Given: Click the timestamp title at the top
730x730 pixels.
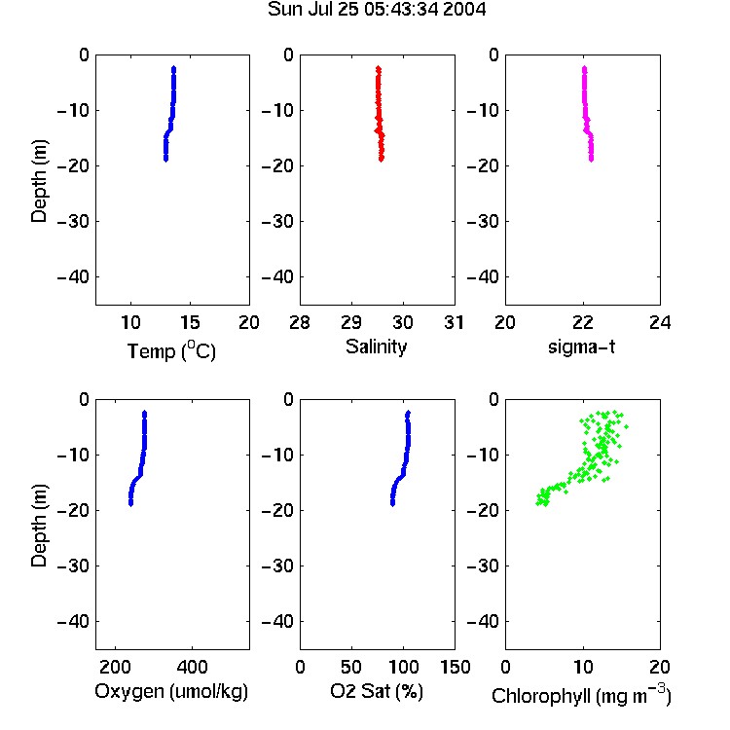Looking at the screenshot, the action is coord(377,9).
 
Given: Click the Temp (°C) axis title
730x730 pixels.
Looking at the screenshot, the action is coord(171,350).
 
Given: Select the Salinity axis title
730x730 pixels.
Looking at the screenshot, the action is coord(376,347).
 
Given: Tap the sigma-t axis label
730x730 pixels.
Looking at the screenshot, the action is coord(581,347).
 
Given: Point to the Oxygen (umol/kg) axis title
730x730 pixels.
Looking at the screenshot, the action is coord(171,692).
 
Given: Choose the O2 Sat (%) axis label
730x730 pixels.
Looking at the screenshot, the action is coord(377,691).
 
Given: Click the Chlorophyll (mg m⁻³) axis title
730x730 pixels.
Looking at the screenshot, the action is coord(581,695).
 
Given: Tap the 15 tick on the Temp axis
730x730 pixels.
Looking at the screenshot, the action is coord(190,322).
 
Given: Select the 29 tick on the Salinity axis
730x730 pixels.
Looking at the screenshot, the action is coord(351,322).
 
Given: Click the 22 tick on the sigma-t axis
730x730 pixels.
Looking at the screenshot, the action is coord(583,322).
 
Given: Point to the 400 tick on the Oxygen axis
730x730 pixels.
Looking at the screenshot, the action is coord(193,667).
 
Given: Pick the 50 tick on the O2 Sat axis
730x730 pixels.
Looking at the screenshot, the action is coord(351,667).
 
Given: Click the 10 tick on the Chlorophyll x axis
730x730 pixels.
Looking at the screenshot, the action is coord(583,667).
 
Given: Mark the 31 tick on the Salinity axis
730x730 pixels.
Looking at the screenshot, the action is coord(454,322).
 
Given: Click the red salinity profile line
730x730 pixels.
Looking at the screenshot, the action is coord(379,114).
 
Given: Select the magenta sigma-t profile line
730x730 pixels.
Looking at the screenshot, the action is coord(586,114).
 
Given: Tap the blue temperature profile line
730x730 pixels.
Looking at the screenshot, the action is coord(171,114).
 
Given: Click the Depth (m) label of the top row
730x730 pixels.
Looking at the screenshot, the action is coord(39,181).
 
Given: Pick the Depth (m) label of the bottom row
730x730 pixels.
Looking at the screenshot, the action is coord(39,526).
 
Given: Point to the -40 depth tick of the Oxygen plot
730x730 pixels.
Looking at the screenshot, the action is coord(73,621).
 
